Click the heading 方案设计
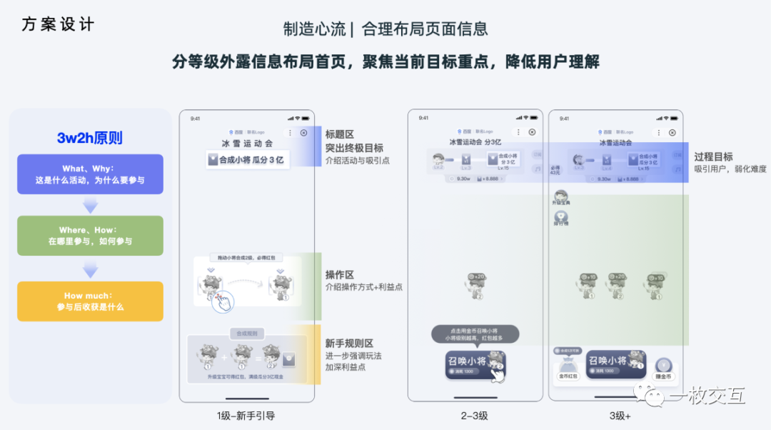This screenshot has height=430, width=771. click(x=58, y=24)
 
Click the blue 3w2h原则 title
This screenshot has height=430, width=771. click(x=90, y=138)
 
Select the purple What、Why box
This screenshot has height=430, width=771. click(x=90, y=174)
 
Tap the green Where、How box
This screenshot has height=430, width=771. click(x=90, y=236)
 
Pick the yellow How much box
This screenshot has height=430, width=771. click(x=90, y=301)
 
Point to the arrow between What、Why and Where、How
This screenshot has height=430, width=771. click(x=90, y=205)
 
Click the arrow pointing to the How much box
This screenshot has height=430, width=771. click(x=90, y=269)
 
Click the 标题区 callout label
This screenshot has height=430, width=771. click(x=340, y=134)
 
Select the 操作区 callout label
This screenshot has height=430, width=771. click(x=340, y=275)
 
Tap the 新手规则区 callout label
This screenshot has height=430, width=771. click(x=350, y=344)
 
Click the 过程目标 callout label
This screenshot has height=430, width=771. click(x=713, y=156)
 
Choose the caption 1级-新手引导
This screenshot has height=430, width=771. click(x=246, y=416)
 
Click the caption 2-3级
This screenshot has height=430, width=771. click(x=474, y=416)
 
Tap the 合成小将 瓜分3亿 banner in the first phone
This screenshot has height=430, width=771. click(x=246, y=160)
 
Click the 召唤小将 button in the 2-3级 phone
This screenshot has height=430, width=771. click(x=475, y=364)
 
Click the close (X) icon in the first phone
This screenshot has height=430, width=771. click(x=303, y=133)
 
